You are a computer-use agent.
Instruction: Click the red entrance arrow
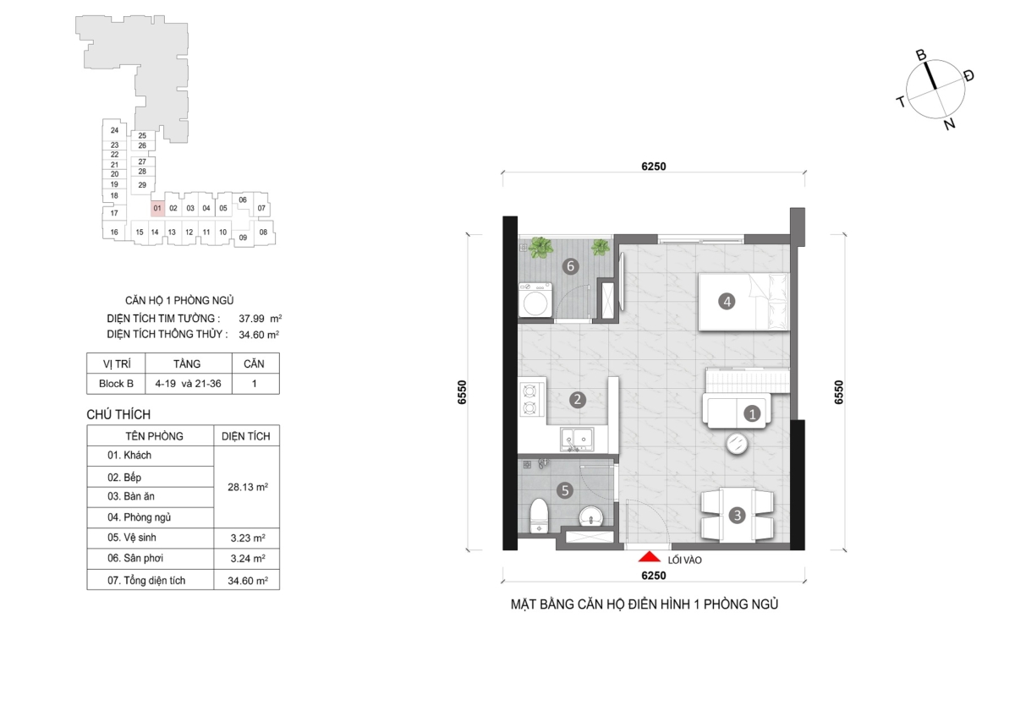[x=649, y=556]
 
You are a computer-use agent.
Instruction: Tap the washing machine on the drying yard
[x=535, y=300]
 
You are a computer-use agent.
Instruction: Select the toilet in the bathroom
[x=539, y=516]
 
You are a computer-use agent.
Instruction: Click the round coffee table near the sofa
[x=737, y=443]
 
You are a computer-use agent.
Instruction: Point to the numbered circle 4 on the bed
[x=727, y=301]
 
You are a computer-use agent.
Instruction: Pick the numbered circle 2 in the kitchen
[x=577, y=400]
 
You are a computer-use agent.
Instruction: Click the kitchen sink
[x=577, y=440]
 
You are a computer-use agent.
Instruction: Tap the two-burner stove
[x=529, y=400]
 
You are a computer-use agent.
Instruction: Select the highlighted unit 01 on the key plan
[x=157, y=208]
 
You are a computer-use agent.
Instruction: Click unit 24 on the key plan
[x=114, y=130]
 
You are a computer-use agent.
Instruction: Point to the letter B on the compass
[x=921, y=55]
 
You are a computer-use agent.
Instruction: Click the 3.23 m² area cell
[x=247, y=538]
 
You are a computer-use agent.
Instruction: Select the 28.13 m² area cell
[x=247, y=487]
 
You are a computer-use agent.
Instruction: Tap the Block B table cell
[x=116, y=384]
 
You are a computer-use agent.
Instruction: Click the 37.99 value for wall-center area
[x=251, y=319]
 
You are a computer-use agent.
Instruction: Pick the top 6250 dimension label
[x=653, y=167]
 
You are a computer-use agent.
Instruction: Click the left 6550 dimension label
[x=461, y=392]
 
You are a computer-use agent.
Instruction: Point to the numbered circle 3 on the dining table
[x=738, y=515]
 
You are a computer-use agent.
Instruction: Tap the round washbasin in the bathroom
[x=591, y=517]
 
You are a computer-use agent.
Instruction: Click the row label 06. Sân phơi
[x=135, y=559]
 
